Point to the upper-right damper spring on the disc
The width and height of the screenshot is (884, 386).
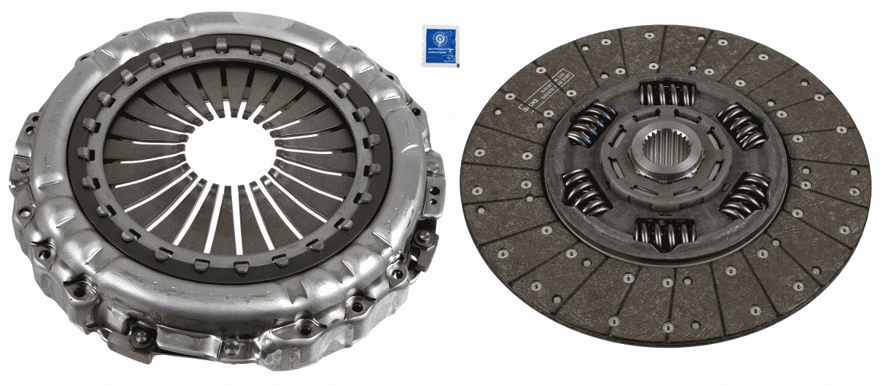point(740,126)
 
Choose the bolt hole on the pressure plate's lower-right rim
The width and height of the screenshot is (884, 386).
point(358,301)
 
